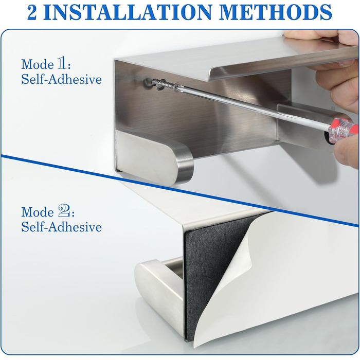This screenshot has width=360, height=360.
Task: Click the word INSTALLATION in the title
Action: [x=130, y=12]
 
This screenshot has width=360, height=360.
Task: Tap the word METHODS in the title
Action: [x=276, y=12]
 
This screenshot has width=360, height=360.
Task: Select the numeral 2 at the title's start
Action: [x=32, y=12]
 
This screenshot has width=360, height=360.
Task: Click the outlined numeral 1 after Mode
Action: [x=62, y=64]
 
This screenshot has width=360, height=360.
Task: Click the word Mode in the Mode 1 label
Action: [x=38, y=64]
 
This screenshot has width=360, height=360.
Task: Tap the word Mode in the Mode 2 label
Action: [x=38, y=212]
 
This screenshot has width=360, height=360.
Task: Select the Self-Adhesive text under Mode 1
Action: [x=61, y=80]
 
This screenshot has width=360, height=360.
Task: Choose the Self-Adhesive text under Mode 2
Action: [x=61, y=227]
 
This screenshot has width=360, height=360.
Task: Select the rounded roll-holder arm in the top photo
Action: [x=154, y=158]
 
